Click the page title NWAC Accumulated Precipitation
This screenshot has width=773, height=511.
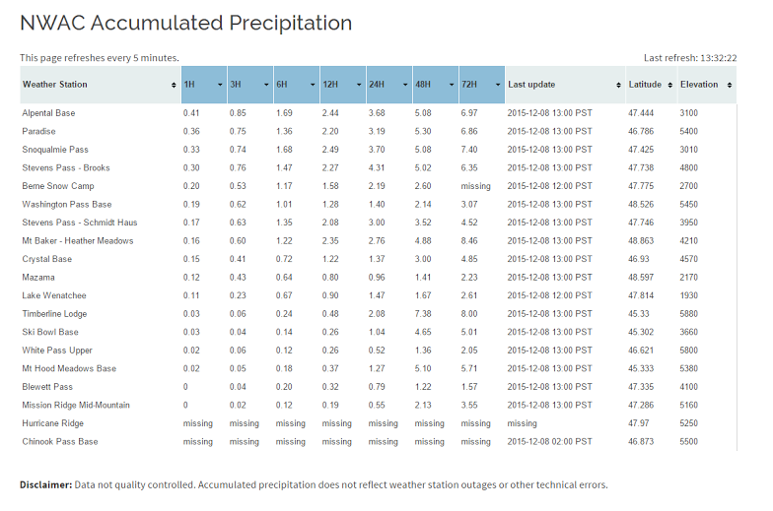(x=185, y=23)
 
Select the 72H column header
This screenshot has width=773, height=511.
(x=481, y=85)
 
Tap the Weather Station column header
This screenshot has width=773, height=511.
(x=99, y=85)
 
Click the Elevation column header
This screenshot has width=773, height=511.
(x=706, y=85)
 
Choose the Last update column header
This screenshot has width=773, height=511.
(x=563, y=85)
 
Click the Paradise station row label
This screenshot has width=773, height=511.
(x=39, y=132)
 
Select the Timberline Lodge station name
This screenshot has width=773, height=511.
(x=54, y=314)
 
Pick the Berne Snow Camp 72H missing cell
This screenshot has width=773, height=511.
(x=475, y=186)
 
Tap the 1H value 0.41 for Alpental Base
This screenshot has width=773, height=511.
(x=191, y=113)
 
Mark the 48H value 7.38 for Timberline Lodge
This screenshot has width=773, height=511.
(x=423, y=314)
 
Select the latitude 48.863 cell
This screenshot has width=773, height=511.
(x=642, y=241)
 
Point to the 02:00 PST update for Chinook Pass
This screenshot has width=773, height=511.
(x=549, y=442)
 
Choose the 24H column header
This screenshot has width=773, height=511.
(x=388, y=85)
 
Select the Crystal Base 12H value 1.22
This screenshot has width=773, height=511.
(x=330, y=259)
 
